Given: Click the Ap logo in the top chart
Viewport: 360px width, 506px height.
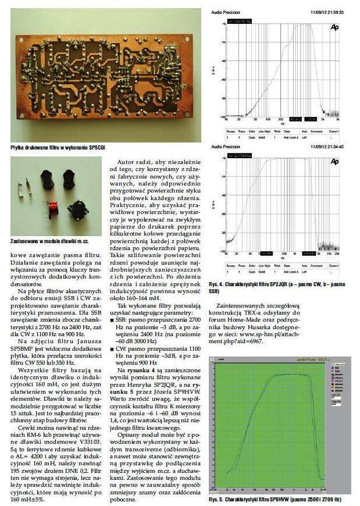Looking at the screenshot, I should tap(334, 27).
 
